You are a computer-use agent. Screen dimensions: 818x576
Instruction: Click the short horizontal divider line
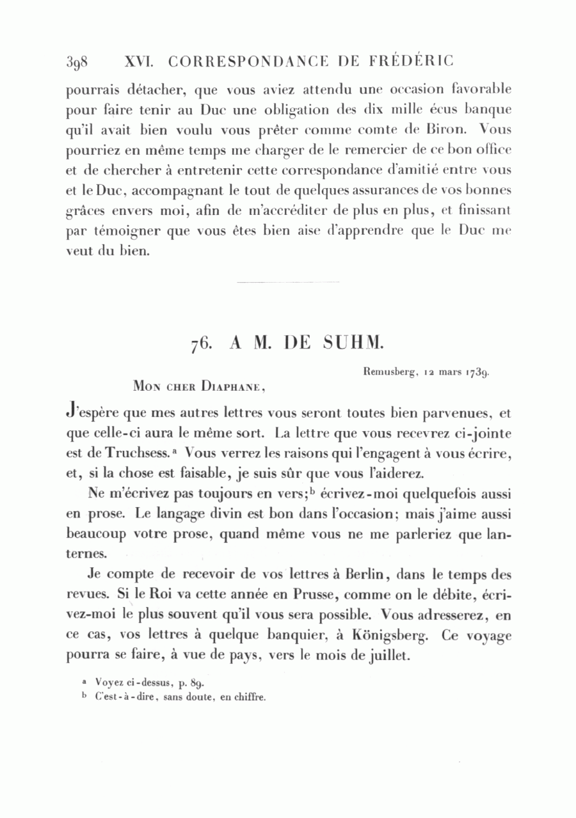[287, 282]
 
